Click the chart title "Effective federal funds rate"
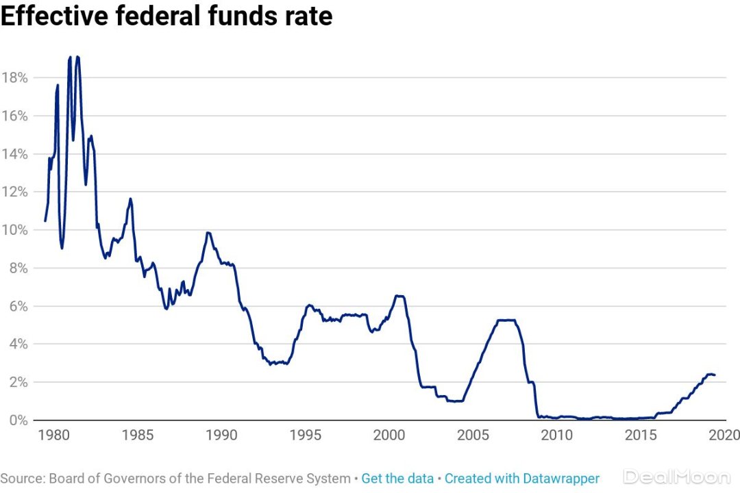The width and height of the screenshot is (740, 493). [x=166, y=16]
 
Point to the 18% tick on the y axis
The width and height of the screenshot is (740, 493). [x=14, y=78]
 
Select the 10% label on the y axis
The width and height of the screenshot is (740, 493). [x=14, y=230]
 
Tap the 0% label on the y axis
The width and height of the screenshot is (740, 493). [x=18, y=420]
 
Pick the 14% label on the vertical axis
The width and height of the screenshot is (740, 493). [x=14, y=154]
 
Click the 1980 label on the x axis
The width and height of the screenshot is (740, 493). [x=53, y=435]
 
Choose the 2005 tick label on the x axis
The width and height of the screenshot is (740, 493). [x=473, y=435]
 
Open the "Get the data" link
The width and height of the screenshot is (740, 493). [x=397, y=479]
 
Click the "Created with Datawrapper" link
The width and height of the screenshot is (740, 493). [x=522, y=479]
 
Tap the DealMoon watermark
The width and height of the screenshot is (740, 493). [x=676, y=477]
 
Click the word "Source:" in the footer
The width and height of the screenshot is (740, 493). [x=23, y=479]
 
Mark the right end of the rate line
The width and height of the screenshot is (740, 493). [x=715, y=375]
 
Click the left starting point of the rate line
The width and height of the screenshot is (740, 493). [x=45, y=220]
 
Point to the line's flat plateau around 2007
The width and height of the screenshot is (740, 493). [x=506, y=320]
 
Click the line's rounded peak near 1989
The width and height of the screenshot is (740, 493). [x=208, y=233]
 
